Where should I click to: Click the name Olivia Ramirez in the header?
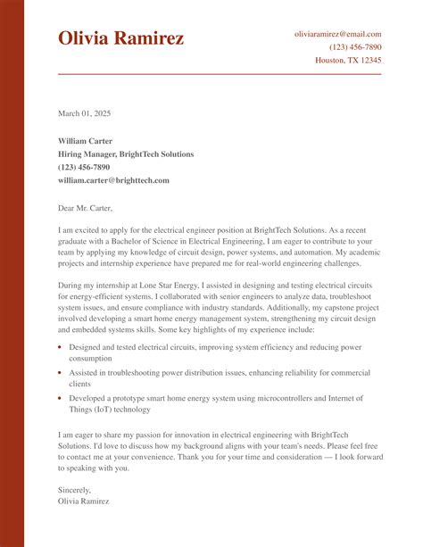[x=121, y=38]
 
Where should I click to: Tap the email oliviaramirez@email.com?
[x=337, y=34]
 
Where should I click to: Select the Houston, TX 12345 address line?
[x=348, y=61]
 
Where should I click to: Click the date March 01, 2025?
[x=85, y=113]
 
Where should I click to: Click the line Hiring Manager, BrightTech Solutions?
[x=125, y=154]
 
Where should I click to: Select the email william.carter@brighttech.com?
[x=113, y=180]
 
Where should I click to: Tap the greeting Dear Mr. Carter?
[x=86, y=208]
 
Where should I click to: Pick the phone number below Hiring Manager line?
[x=84, y=167]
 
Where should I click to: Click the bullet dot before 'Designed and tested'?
[x=60, y=346]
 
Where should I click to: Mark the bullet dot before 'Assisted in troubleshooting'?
[x=60, y=372]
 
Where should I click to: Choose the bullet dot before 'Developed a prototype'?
[x=60, y=398]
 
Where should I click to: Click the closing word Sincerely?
[x=74, y=489]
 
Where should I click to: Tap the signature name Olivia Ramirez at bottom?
[x=84, y=501]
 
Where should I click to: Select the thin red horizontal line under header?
[x=220, y=74]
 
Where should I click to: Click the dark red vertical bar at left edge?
[x=12, y=273]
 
